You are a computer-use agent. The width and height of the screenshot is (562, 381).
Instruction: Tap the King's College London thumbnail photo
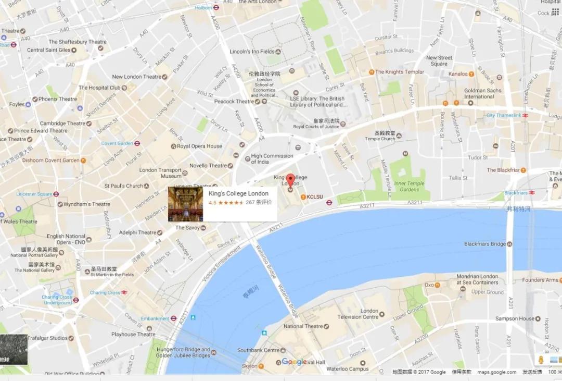(x=185, y=204)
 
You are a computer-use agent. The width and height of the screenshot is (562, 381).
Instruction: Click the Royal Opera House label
(x=199, y=146)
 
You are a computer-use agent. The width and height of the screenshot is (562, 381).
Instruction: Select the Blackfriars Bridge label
(x=484, y=244)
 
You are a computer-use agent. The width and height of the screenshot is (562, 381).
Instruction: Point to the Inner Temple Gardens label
(x=410, y=187)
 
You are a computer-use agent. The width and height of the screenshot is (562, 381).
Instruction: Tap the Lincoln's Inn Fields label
(x=252, y=52)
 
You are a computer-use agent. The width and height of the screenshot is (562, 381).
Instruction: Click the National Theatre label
(x=303, y=326)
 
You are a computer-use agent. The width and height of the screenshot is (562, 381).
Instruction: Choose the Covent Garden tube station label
(x=117, y=143)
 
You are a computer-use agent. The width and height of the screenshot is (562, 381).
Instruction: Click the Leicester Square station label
(x=34, y=194)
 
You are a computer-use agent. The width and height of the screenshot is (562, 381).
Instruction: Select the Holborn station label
(x=204, y=8)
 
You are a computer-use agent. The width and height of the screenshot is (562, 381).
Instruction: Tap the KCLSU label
(x=315, y=196)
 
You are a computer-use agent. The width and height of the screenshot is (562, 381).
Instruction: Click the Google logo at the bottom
(x=294, y=362)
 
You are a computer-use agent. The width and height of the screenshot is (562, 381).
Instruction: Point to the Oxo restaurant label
(x=429, y=285)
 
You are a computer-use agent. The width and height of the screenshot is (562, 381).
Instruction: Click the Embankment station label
(x=155, y=318)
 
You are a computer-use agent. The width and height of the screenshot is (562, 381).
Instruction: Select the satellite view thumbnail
(x=14, y=350)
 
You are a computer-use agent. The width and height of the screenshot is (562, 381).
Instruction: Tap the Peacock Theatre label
(x=234, y=102)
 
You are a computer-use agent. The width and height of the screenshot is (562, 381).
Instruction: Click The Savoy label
(x=187, y=228)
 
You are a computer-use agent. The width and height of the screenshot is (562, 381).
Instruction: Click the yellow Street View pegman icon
(x=540, y=360)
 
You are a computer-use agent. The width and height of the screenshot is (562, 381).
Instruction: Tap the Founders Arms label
(x=540, y=280)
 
